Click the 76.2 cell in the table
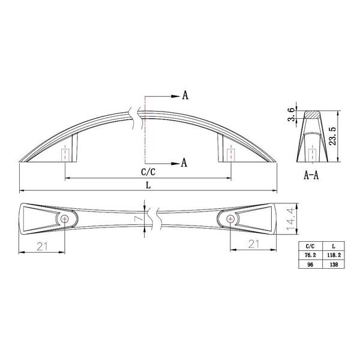click(x=310, y=255)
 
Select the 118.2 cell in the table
click(x=334, y=255)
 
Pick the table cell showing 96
click(x=310, y=264)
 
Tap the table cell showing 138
click(x=334, y=264)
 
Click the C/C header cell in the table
click(x=310, y=246)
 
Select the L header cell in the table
click(x=334, y=246)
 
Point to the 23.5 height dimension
click(x=332, y=136)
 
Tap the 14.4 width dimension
click(x=290, y=219)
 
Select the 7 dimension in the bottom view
click(x=138, y=218)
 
